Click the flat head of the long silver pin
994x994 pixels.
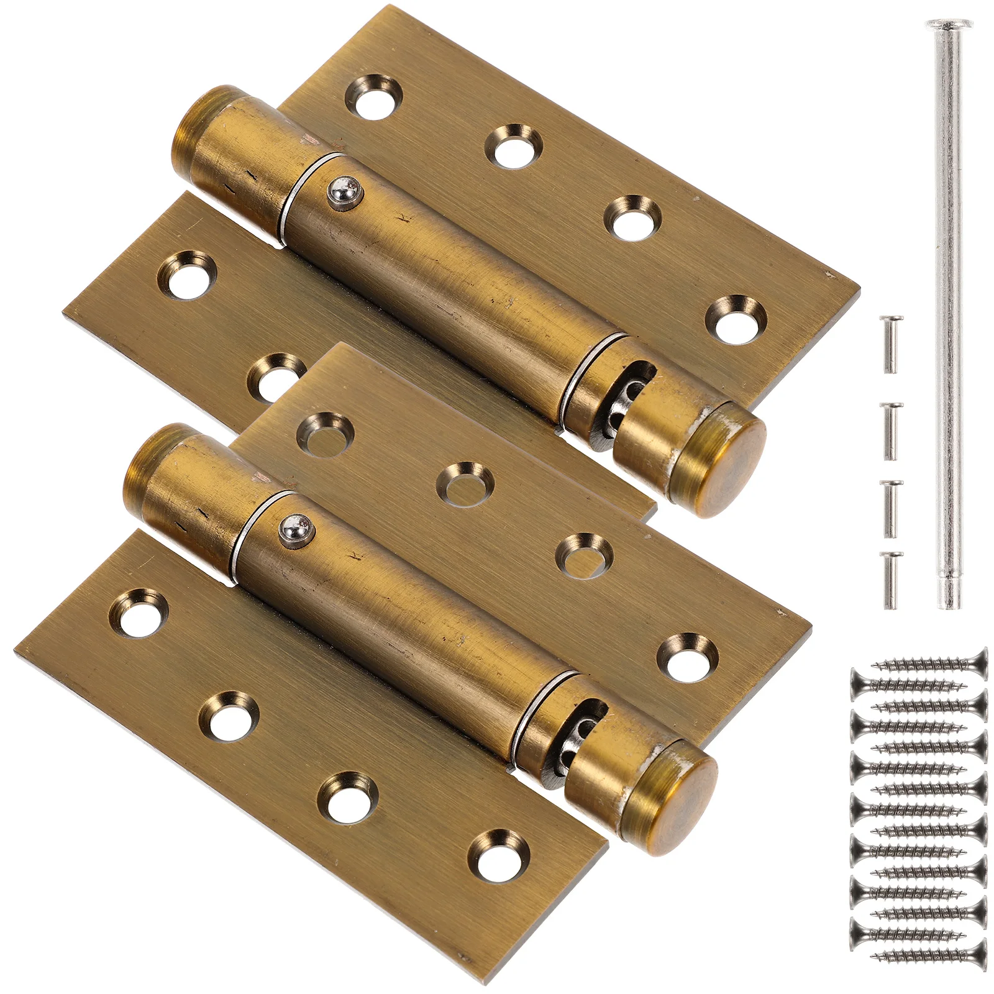pos(949,25)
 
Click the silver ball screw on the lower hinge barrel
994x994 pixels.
pos(294,529)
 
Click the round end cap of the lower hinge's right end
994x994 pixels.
pos(677,798)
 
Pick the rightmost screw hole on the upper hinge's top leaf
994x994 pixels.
pos(736,320)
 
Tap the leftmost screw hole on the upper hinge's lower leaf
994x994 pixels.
pos(185,275)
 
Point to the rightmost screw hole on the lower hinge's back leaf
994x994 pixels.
pos(688,657)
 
